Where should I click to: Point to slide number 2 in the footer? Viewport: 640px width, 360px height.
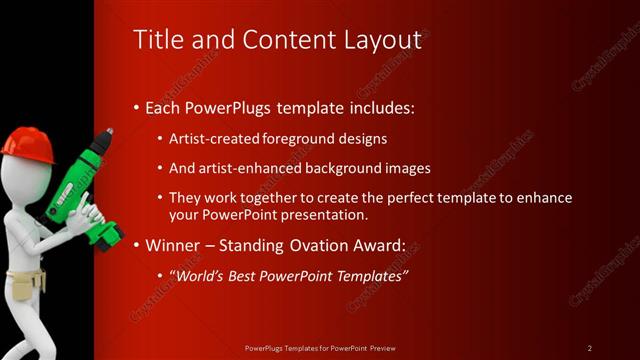pyautogui.click(x=589, y=348)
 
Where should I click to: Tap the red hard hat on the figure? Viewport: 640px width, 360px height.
pyautogui.click(x=26, y=142)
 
